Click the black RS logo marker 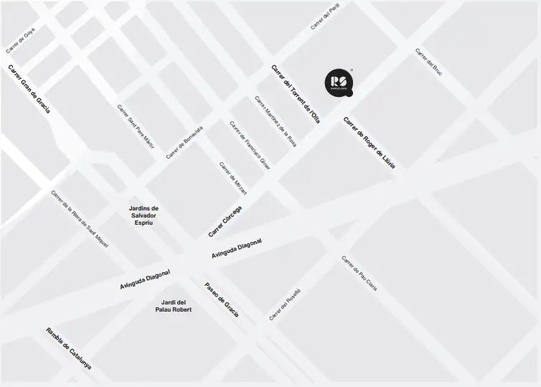point(338,83)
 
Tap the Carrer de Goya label point(20,40)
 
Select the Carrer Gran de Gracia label point(29,89)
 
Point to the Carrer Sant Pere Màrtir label point(136,126)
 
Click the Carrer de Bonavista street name point(184,142)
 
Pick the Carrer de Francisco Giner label point(250,144)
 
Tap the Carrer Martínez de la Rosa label point(276,121)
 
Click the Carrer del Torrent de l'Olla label point(295,94)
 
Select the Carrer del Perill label point(325,16)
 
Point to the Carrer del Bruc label point(428,62)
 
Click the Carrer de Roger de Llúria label point(369,142)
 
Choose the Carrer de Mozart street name point(233,178)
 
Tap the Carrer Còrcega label point(225,221)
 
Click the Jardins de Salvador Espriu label point(144,215)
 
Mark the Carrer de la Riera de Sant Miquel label point(80,220)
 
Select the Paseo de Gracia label point(222,299)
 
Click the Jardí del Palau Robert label point(174,306)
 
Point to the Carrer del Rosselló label point(285,304)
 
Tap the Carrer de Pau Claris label point(359,274)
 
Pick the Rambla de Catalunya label point(69,348)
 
